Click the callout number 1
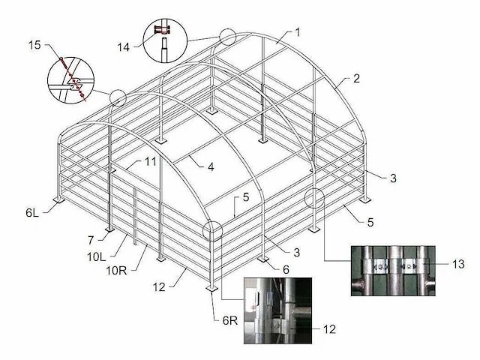click(298, 32)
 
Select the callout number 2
click(356, 79)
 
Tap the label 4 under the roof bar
click(211, 166)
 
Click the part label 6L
click(32, 212)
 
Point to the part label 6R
click(230, 320)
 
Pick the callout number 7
click(90, 241)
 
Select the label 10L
click(97, 256)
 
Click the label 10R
click(116, 270)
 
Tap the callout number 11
click(150, 161)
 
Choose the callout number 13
click(458, 264)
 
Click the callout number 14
click(123, 47)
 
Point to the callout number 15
click(34, 45)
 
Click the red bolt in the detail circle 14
click(162, 30)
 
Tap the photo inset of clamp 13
click(393, 271)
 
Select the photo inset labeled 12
click(278, 310)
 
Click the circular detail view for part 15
click(70, 80)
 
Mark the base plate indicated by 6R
click(211, 288)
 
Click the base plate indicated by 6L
click(58, 199)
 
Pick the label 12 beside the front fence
click(159, 286)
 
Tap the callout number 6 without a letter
click(286, 269)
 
